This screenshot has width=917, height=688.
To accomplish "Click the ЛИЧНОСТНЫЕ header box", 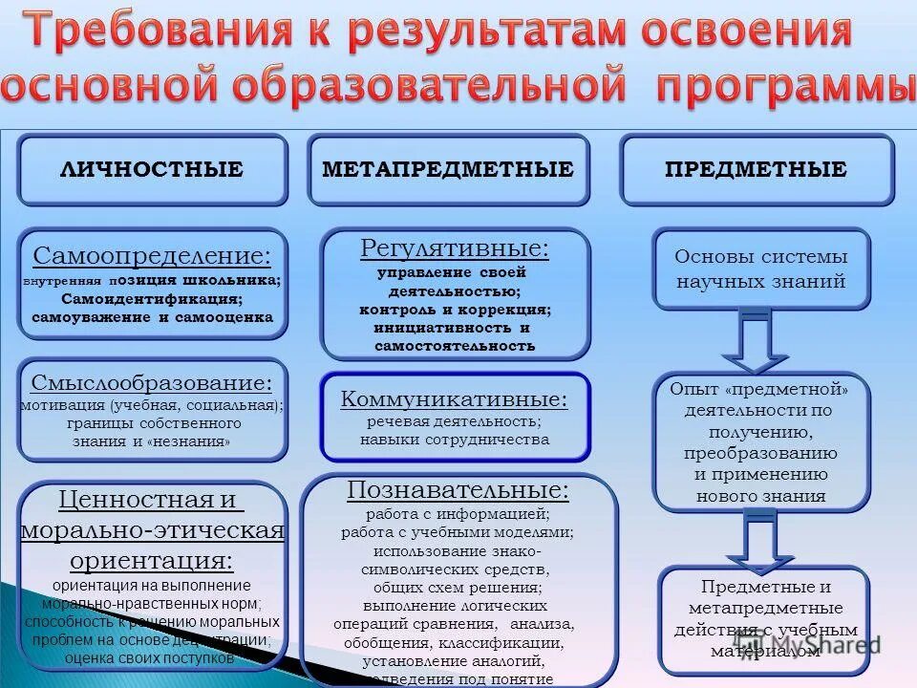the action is point(152,170).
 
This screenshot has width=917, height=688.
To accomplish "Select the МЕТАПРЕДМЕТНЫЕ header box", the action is point(448,170).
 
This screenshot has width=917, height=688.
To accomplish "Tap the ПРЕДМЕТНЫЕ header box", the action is point(756,170).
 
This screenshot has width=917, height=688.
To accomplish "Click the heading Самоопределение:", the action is point(152,256).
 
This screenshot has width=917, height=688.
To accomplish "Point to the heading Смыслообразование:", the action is point(152,383).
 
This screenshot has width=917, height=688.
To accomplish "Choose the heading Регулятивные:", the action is point(455,249).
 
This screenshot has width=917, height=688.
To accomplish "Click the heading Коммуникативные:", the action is point(455,399).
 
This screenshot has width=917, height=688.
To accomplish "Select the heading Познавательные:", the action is point(458,490).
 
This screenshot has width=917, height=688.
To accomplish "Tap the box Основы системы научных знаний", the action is point(761,269).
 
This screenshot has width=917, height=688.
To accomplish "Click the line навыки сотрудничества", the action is point(455,440).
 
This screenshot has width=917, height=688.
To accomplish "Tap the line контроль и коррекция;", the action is point(456,310).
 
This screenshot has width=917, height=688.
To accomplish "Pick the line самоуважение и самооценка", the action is point(152,316).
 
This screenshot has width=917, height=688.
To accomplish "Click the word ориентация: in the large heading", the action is point(152,560).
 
